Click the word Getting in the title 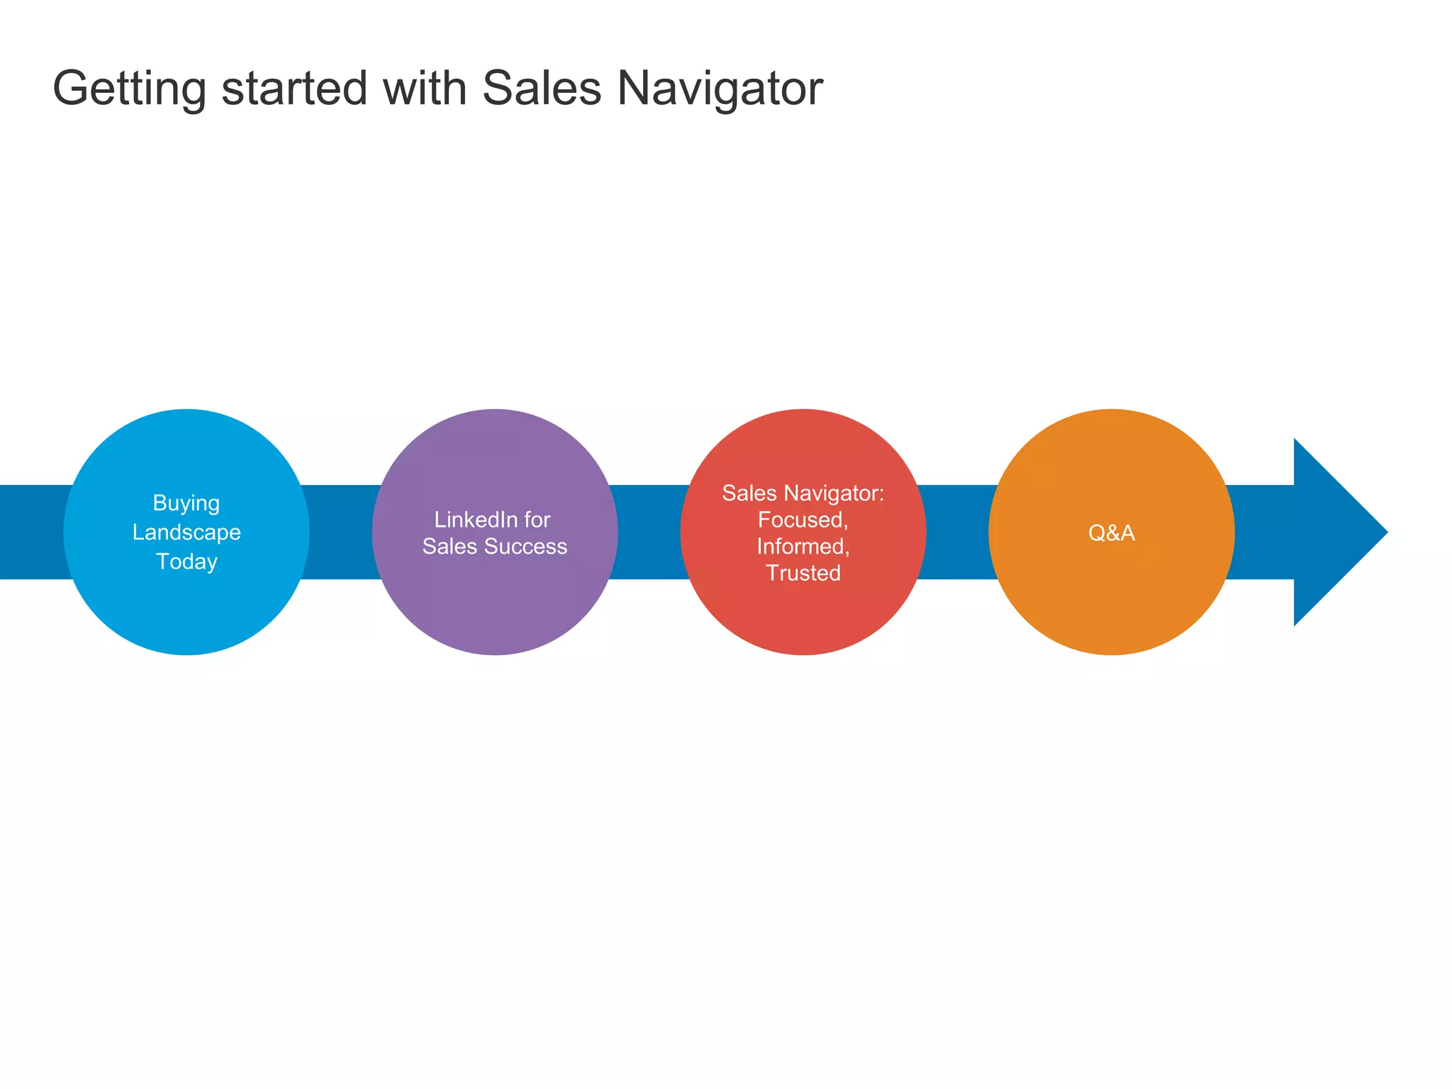(129, 89)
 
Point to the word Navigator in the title (720, 89)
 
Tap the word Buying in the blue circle (186, 503)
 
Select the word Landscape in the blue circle (186, 532)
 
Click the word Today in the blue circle (186, 562)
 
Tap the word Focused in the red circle (802, 520)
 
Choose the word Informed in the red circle (803, 547)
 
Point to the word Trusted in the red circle (803, 573)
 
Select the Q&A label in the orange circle (1112, 532)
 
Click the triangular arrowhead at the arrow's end (1333, 532)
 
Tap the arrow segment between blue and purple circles (341, 532)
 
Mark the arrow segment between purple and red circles (649, 532)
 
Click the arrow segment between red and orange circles (957, 532)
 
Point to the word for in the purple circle (537, 520)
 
